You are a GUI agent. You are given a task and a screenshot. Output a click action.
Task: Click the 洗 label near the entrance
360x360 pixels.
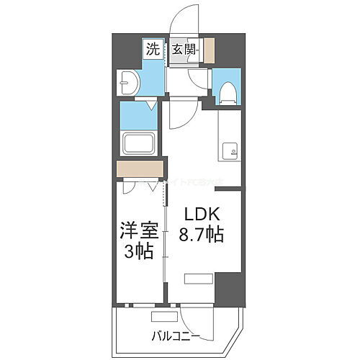(x=152, y=50)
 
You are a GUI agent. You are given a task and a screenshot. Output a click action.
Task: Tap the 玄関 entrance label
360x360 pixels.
(x=184, y=50)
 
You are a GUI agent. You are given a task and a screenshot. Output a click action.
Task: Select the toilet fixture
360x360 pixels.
(x=227, y=91)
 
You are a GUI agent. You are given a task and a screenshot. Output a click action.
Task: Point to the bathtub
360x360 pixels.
(x=141, y=143)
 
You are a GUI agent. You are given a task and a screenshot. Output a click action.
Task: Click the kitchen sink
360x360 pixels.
(x=230, y=150)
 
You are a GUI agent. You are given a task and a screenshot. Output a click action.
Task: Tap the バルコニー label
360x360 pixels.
(x=174, y=336)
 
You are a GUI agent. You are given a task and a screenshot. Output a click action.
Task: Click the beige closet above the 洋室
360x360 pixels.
(x=140, y=169)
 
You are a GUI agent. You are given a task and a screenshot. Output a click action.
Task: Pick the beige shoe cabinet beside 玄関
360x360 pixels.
(x=209, y=50)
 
